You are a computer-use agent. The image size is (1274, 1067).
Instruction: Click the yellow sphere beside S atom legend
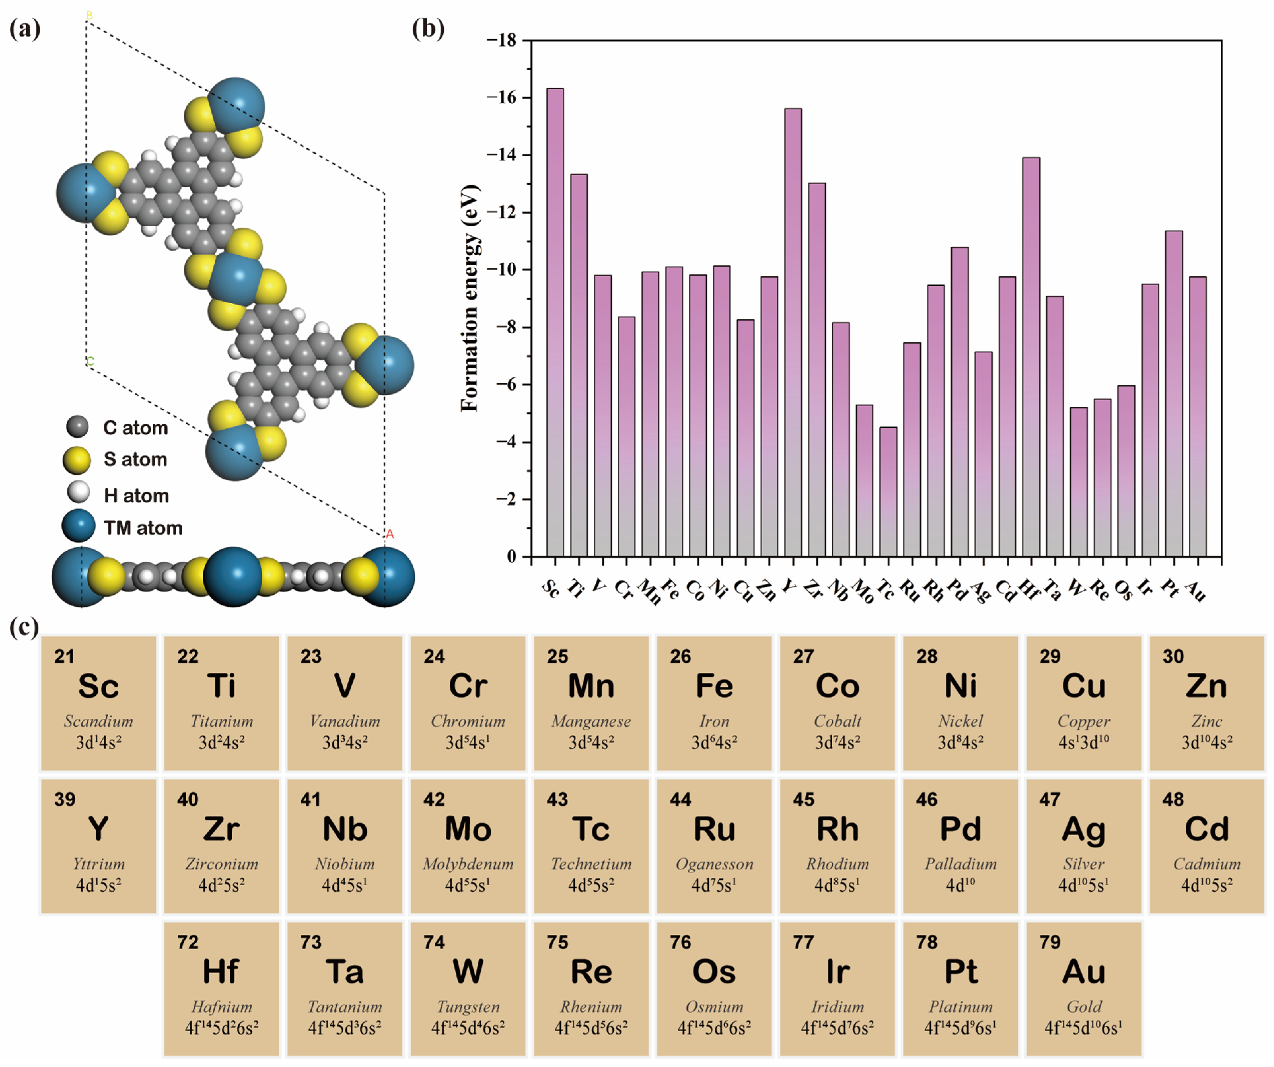click(x=77, y=460)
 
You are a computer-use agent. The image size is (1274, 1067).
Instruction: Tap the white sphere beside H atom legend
click(x=78, y=493)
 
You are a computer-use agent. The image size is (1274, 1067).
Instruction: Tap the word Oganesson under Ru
click(x=714, y=864)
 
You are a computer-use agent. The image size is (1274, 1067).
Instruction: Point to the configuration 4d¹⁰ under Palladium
click(x=960, y=886)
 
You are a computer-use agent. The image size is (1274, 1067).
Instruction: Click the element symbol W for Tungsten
click(x=468, y=972)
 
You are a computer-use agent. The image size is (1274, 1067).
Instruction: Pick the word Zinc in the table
click(x=1206, y=721)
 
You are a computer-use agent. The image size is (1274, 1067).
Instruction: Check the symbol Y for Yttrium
click(x=98, y=829)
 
